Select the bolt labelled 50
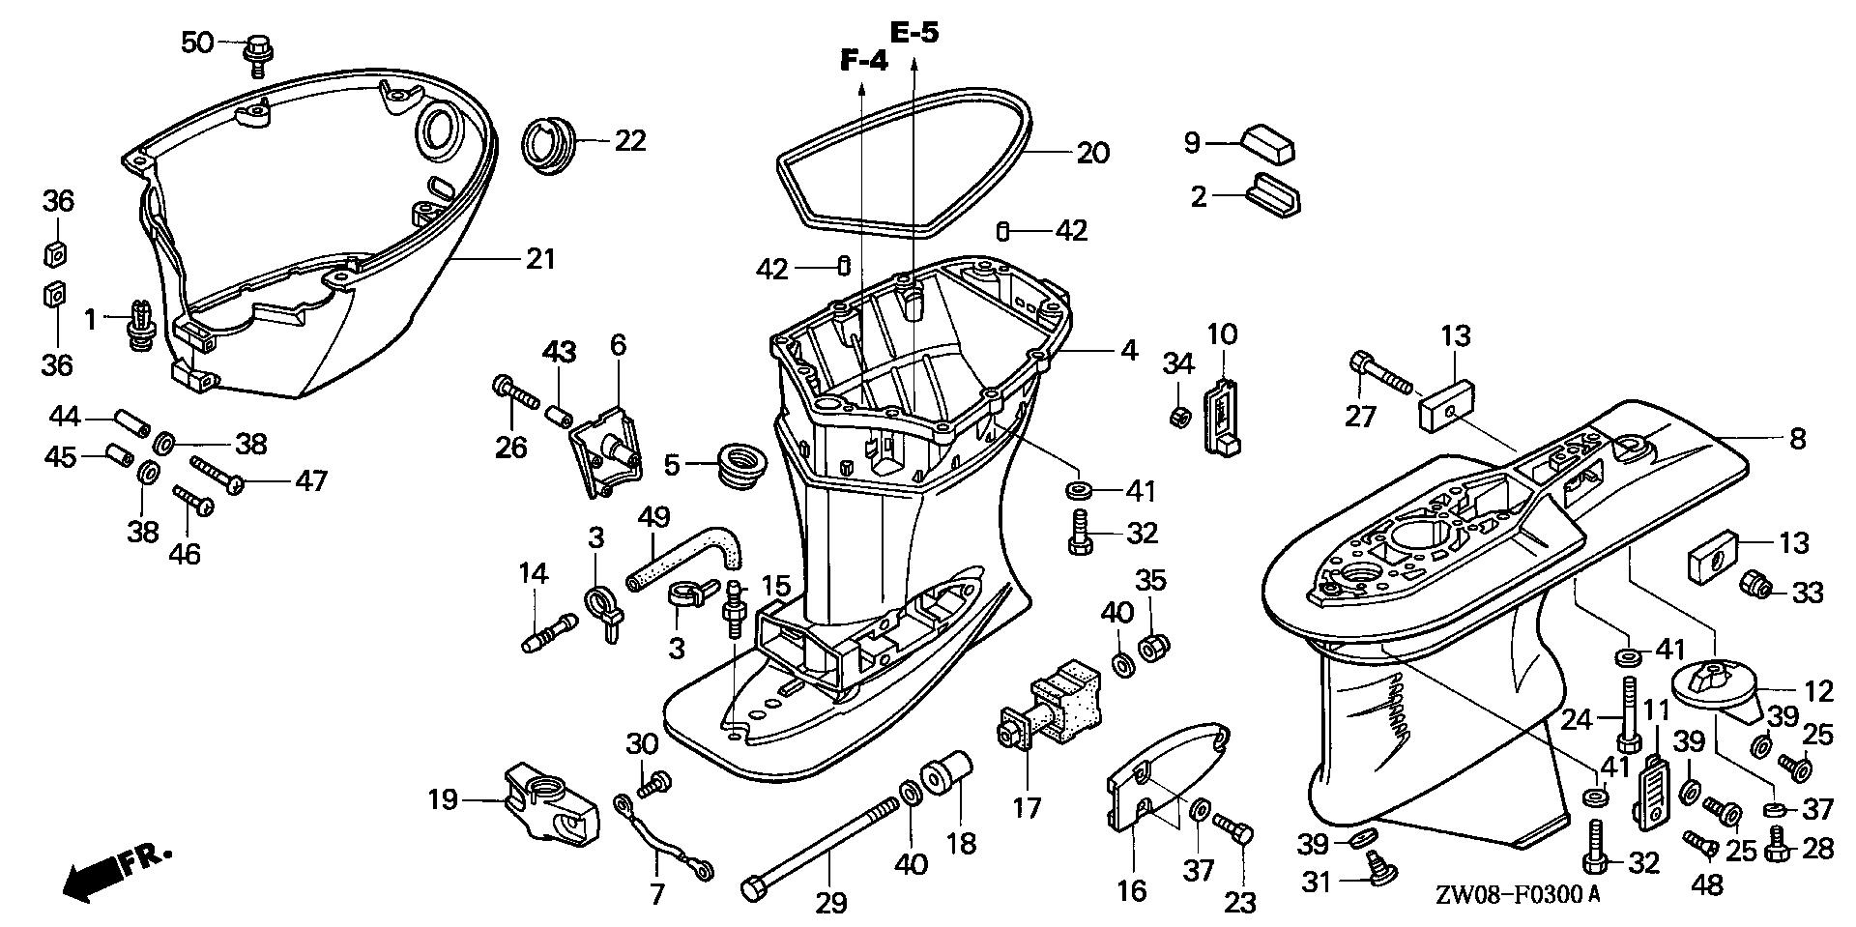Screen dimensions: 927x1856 [x=257, y=51]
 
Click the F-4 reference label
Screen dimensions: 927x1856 [x=862, y=62]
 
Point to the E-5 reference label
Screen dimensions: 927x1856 [x=913, y=33]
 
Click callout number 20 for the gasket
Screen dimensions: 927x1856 [x=1093, y=153]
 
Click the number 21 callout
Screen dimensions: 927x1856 [x=540, y=259]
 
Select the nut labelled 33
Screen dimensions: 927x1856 [x=1755, y=584]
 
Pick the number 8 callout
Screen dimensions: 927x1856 [x=1796, y=440]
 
